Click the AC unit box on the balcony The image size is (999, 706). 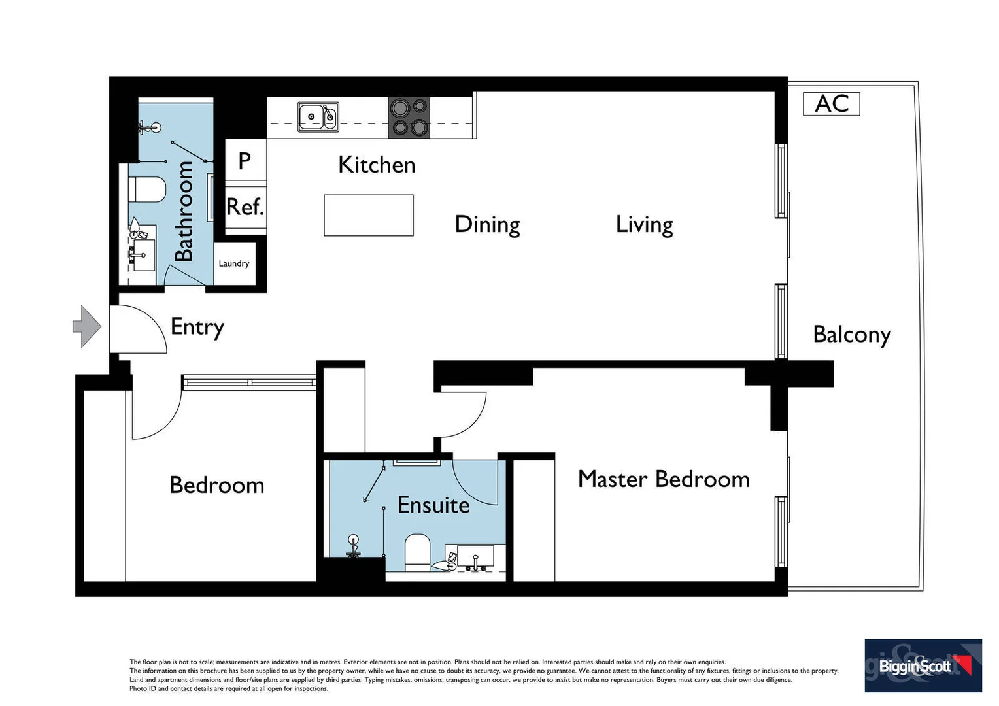tap(831, 104)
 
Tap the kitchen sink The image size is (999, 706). tap(318, 116)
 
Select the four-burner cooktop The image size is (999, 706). tap(409, 118)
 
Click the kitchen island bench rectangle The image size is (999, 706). tap(369, 215)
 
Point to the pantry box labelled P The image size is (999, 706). tap(245, 160)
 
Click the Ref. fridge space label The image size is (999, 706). tap(245, 208)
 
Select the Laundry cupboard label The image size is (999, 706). tap(234, 263)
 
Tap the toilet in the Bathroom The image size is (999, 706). tap(147, 190)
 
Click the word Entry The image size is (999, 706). tap(197, 326)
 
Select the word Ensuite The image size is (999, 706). tap(433, 505)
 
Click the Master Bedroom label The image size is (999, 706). tap(664, 479)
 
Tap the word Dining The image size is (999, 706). tap(487, 225)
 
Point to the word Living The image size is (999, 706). tap(644, 225)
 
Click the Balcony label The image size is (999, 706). tap(851, 335)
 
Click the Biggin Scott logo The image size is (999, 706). tap(923, 665)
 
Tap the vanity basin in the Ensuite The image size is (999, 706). tap(475, 558)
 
